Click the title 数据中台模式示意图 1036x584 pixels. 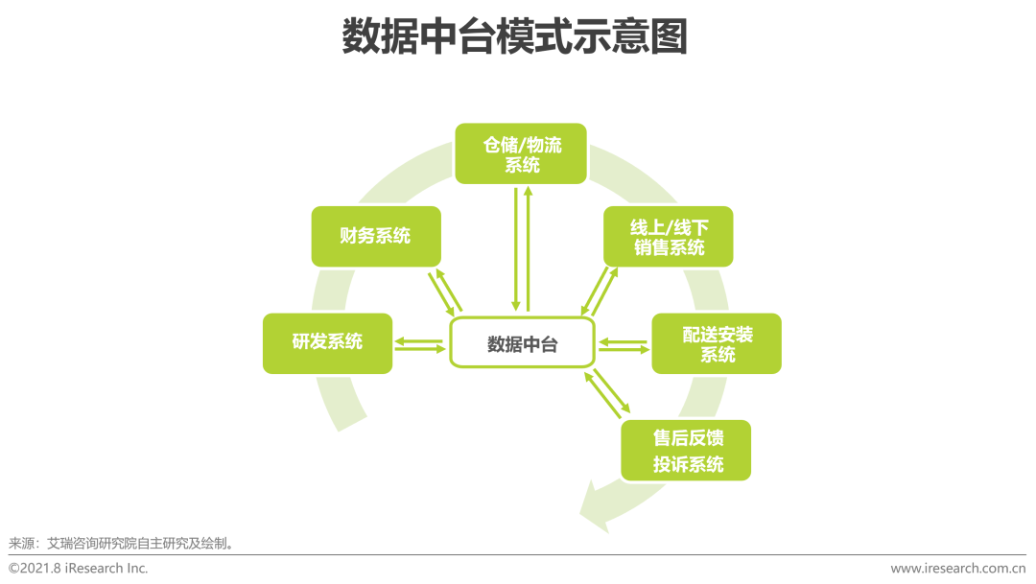tap(515, 36)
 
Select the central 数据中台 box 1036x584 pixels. tap(522, 343)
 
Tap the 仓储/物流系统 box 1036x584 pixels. tap(521, 153)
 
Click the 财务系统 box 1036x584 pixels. tap(376, 237)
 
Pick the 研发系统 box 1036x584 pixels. tap(328, 343)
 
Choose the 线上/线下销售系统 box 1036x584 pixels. tap(668, 237)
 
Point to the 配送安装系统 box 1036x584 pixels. tap(717, 343)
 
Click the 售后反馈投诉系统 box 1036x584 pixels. tap(686, 451)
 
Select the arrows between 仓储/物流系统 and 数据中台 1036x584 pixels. tap(522, 249)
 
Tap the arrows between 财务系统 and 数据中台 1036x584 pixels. tap(445, 292)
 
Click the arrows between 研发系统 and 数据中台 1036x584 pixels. tap(420, 344)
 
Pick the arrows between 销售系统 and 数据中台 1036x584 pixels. tap(600, 292)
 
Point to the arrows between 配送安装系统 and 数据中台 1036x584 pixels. tap(624, 345)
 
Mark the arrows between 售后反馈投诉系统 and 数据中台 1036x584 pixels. tap(607, 394)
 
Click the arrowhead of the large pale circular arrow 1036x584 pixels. tap(595, 506)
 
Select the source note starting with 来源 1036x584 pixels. tap(122, 544)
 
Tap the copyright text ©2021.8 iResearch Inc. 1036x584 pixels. tap(78, 568)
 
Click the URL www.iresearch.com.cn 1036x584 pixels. tap(958, 568)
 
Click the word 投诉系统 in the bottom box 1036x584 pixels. tap(689, 464)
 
